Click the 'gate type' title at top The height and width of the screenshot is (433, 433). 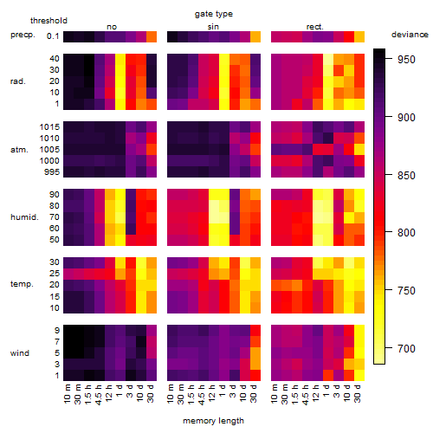pos(214,14)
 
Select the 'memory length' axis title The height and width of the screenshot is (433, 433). pos(213,421)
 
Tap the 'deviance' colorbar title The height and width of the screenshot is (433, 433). pos(410,35)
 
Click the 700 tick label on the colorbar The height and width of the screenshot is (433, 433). pos(406,349)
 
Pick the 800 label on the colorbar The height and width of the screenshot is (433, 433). pos(406,233)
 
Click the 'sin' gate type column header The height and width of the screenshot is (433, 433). pos(213,27)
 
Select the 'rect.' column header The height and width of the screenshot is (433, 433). pos(314,27)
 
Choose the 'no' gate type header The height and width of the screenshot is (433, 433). pos(112,27)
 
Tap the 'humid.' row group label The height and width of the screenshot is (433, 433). pos(24,217)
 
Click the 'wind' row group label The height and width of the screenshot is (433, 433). pos(20,353)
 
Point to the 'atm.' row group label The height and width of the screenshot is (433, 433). pos(19,150)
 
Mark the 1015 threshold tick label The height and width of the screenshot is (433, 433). pos(49,127)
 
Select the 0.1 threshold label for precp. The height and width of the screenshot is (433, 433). pos(53,36)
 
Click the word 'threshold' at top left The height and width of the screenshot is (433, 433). pos(48,21)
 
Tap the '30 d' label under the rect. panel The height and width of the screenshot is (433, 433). pos(358,393)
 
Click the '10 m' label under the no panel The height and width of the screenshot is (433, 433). pos(67,394)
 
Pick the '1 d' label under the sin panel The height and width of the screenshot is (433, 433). pos(223,391)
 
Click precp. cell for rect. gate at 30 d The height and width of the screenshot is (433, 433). pos(359,36)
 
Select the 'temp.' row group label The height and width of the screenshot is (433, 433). pos(22,284)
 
